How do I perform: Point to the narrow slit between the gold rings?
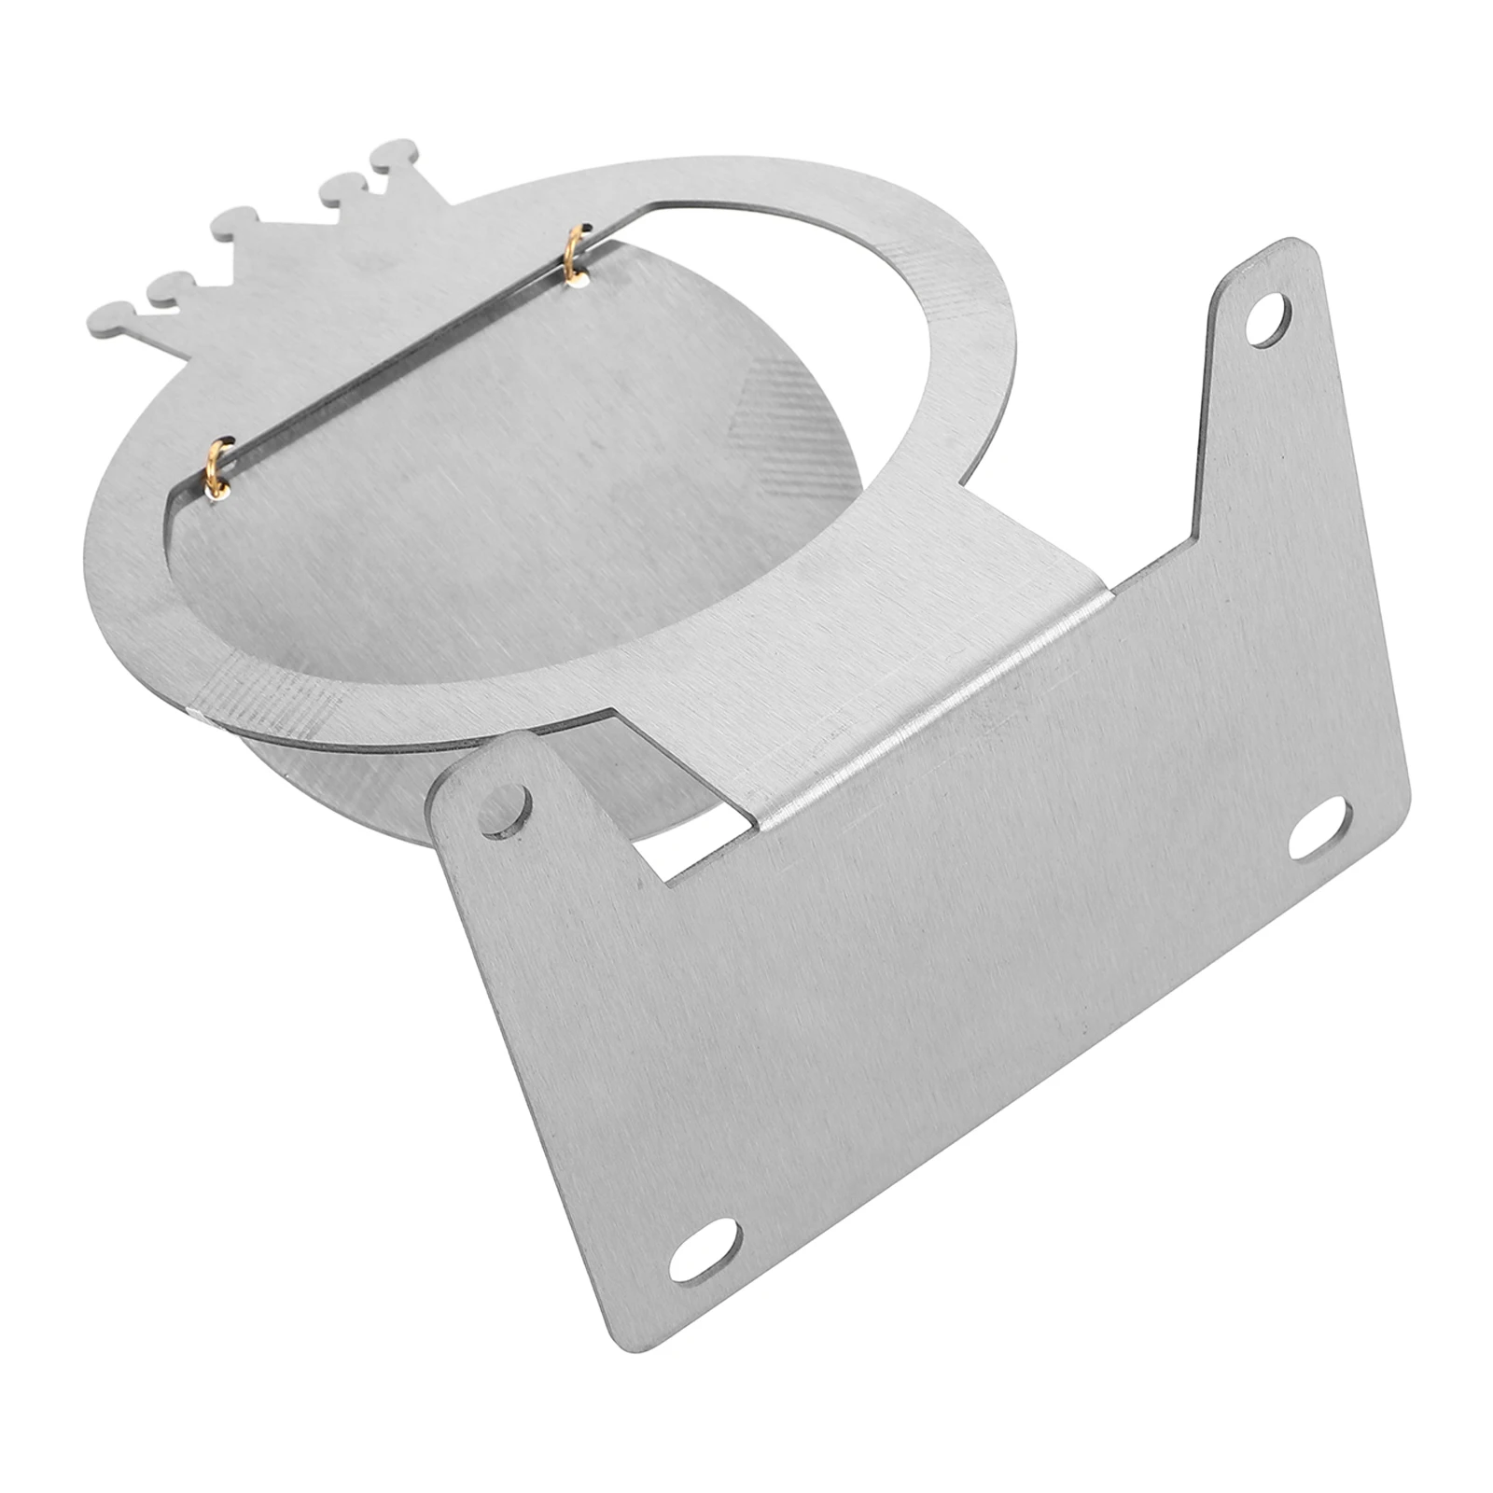(392, 364)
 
